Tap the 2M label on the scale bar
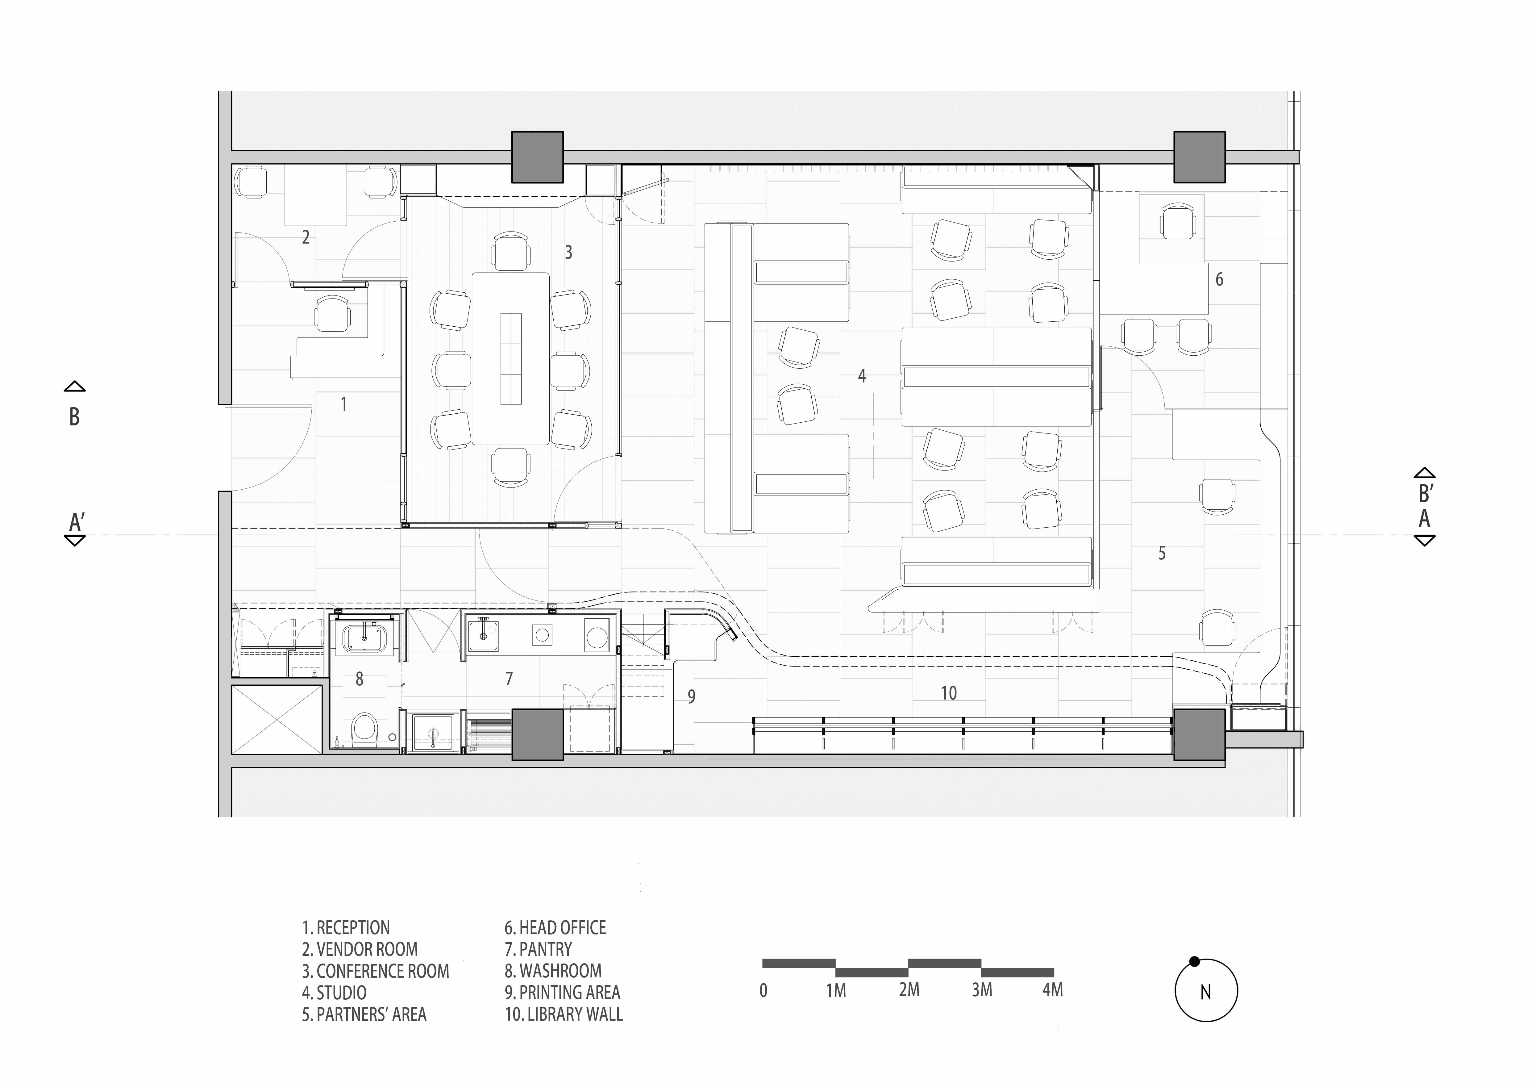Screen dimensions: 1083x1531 pyautogui.click(x=909, y=990)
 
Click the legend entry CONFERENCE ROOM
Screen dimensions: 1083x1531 pyautogui.click(x=375, y=971)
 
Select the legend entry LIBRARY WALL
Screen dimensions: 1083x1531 pyautogui.click(x=564, y=1014)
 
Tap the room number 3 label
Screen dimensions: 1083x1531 pyautogui.click(x=568, y=252)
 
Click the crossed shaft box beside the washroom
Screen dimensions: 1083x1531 pyautogui.click(x=276, y=720)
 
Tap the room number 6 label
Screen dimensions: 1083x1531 pyautogui.click(x=1219, y=279)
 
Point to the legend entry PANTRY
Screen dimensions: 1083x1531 pyautogui.click(x=538, y=949)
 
